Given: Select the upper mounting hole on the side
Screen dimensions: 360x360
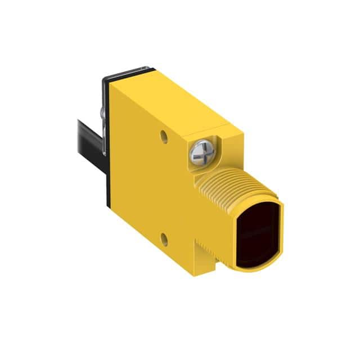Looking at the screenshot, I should tap(163, 136).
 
